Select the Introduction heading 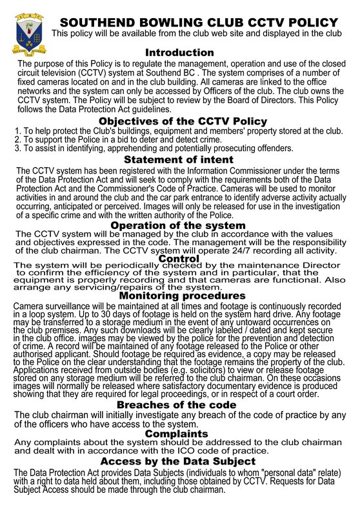point(179,52)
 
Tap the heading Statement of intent point(179,159)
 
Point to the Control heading point(179,259)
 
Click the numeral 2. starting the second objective point(17,139)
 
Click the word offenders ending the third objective point(274,148)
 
